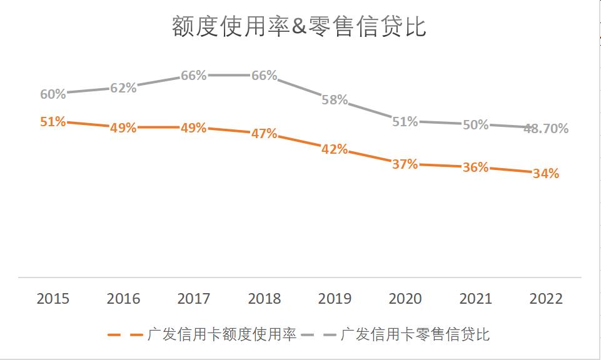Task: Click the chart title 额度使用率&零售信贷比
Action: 299,27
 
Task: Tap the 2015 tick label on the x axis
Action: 53,299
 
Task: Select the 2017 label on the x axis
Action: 194,299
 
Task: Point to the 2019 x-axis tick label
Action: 335,299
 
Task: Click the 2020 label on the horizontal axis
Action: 405,299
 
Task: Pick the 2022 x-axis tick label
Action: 546,299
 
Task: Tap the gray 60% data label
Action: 53,94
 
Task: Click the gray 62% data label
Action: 123,88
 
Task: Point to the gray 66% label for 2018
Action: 264,76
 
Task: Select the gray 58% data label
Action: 335,100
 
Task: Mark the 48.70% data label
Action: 546,129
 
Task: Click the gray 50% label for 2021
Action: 475,125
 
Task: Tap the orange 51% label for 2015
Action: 53,122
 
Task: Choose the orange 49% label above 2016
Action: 123,128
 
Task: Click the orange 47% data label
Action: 264,134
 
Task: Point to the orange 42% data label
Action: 335,149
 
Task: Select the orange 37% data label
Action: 405,164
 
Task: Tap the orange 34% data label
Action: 546,174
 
